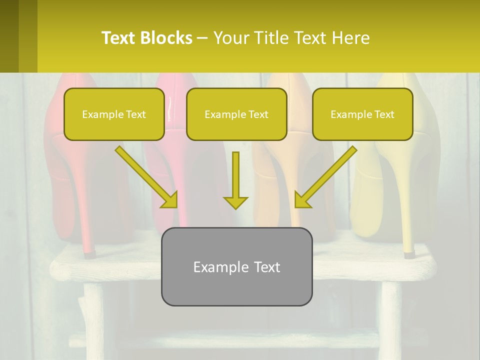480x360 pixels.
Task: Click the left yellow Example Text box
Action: point(114,114)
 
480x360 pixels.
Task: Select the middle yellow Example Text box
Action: point(236,114)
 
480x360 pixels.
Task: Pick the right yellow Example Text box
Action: point(362,114)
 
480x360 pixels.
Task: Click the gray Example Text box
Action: point(236,266)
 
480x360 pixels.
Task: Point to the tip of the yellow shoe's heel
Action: point(409,254)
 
